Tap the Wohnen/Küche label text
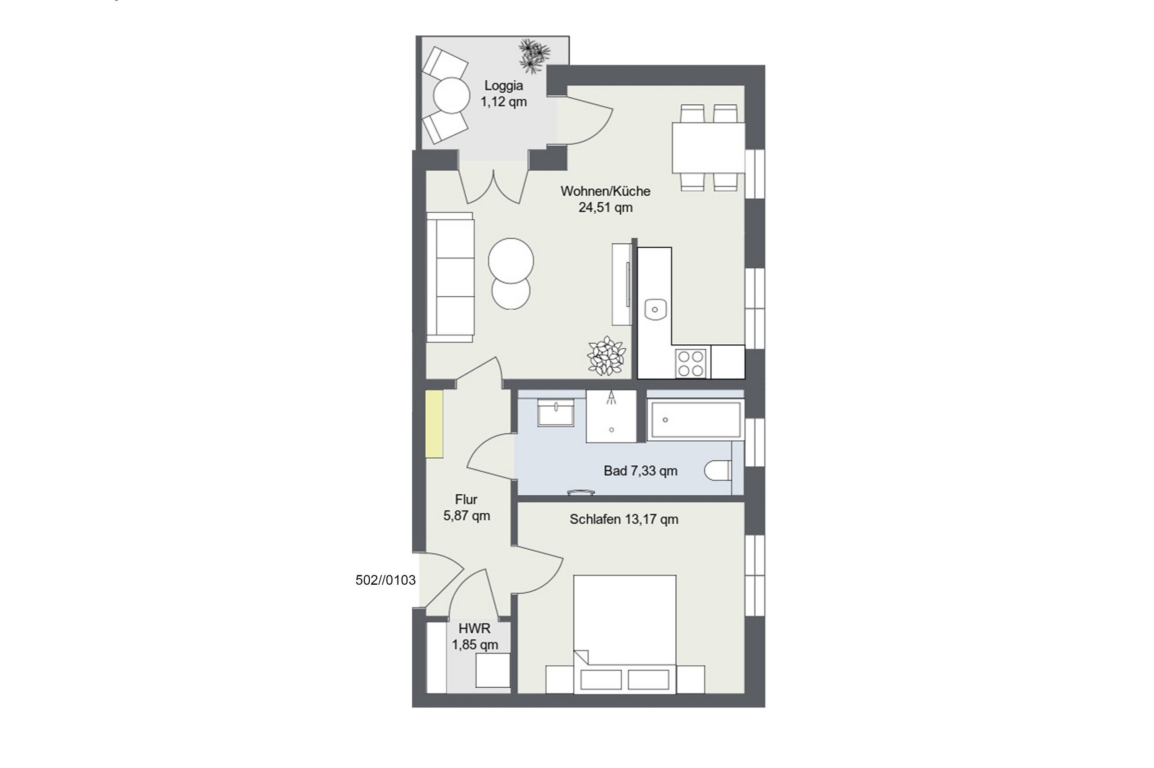point(606,191)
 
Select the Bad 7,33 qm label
point(640,471)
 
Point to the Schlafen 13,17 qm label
point(624,519)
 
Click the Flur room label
point(466,499)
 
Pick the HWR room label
point(474,629)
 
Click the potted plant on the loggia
point(534,56)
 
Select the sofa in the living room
point(450,277)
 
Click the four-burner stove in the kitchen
point(691,363)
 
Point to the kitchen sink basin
point(655,309)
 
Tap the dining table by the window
point(708,148)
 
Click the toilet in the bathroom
point(718,471)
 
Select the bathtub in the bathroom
point(696,420)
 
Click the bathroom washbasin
point(556,413)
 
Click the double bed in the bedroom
point(625,634)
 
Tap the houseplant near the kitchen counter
point(607,356)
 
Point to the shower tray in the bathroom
point(611,416)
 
